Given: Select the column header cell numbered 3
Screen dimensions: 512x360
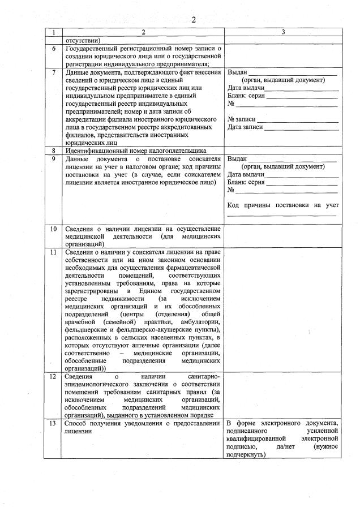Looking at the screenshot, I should (x=283, y=32).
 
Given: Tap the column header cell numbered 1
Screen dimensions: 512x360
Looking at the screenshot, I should (x=53, y=32).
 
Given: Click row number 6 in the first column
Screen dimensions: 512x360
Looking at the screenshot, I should (x=53, y=49).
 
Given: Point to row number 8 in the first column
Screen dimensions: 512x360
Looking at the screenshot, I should (x=53, y=151).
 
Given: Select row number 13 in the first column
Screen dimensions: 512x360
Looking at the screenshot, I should (x=53, y=423).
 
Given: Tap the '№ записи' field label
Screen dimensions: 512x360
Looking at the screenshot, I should (x=242, y=120).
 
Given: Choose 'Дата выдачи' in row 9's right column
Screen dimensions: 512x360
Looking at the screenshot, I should (x=246, y=175).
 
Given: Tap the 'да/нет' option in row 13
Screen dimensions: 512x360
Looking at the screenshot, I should (x=281, y=446).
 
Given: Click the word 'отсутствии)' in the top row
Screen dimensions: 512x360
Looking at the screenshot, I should (x=83, y=41).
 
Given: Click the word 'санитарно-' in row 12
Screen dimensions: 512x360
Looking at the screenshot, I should (x=203, y=376).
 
